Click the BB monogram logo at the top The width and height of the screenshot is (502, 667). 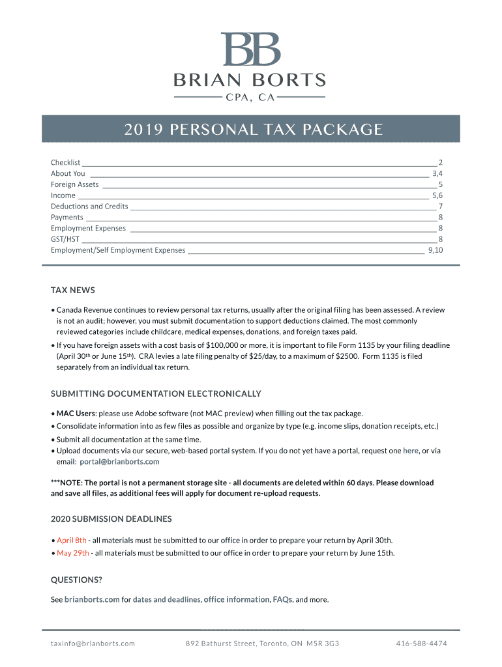250,50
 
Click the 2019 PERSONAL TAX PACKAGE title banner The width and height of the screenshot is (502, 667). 250,129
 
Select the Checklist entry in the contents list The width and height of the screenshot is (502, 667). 66,162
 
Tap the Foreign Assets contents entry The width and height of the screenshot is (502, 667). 75,184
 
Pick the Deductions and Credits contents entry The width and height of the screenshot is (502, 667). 89,206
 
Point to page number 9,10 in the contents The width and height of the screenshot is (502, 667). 436,250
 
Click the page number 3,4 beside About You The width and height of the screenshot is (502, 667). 437,173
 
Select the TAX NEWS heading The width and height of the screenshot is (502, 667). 73,290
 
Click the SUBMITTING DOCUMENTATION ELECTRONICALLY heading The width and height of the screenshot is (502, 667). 156,393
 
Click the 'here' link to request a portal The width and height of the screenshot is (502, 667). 411,451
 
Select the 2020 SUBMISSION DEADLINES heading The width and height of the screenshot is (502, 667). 111,519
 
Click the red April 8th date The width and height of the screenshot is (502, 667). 72,541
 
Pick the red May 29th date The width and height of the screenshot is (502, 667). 73,554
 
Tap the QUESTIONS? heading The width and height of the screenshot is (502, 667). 76,580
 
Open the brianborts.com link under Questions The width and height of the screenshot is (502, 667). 92,600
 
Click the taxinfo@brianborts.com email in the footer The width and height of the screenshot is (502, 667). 93,644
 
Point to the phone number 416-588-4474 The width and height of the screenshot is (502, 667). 421,644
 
